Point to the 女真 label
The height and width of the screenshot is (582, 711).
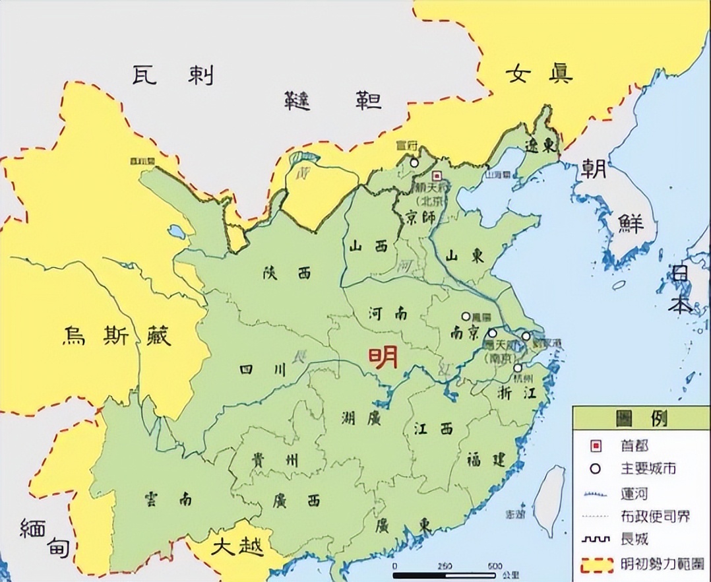[539, 72]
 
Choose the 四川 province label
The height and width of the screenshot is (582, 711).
[263, 370]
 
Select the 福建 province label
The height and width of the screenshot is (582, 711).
[485, 459]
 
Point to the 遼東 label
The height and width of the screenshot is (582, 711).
[541, 145]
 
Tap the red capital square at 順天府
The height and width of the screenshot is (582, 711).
[437, 176]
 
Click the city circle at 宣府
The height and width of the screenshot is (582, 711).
[414, 162]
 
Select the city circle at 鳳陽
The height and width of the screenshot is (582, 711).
[466, 317]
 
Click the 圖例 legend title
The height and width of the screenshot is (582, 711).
[640, 418]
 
